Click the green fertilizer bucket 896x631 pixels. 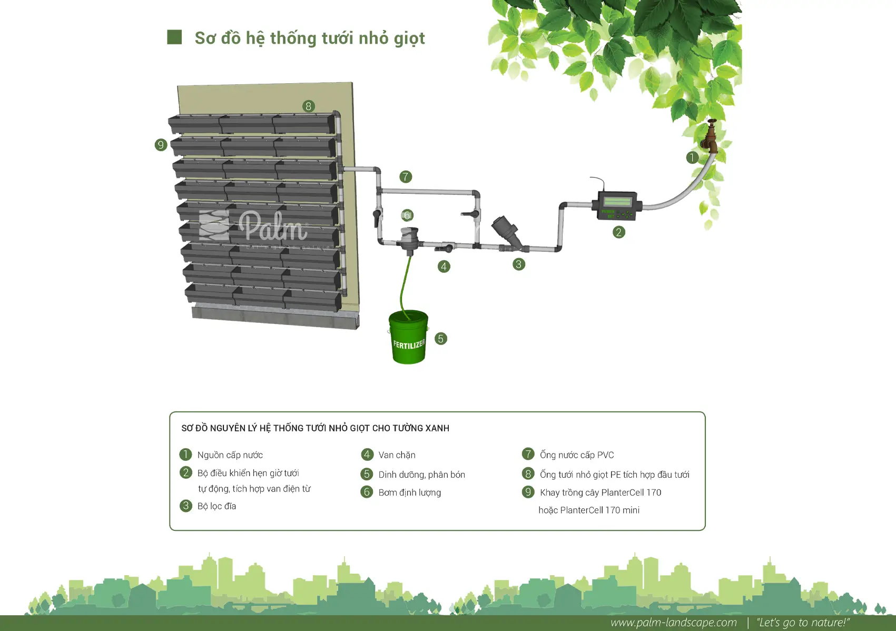408,337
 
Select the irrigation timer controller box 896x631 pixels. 617,205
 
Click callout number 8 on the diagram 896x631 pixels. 308,106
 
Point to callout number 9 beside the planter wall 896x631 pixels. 161,144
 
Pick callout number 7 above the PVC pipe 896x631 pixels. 405,176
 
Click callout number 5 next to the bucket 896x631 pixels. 440,339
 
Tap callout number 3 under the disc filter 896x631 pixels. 518,264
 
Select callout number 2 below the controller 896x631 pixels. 618,232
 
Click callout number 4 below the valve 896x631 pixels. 444,267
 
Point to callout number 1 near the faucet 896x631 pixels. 692,157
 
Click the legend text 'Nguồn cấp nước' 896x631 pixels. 230,455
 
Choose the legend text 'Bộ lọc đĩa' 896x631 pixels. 216,506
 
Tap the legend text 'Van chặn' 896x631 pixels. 397,455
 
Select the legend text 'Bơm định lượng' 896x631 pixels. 410,492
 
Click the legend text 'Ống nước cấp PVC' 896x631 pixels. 576,455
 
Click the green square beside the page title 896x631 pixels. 174,37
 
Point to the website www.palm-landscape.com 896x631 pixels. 674,622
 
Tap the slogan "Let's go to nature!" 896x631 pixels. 803,622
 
